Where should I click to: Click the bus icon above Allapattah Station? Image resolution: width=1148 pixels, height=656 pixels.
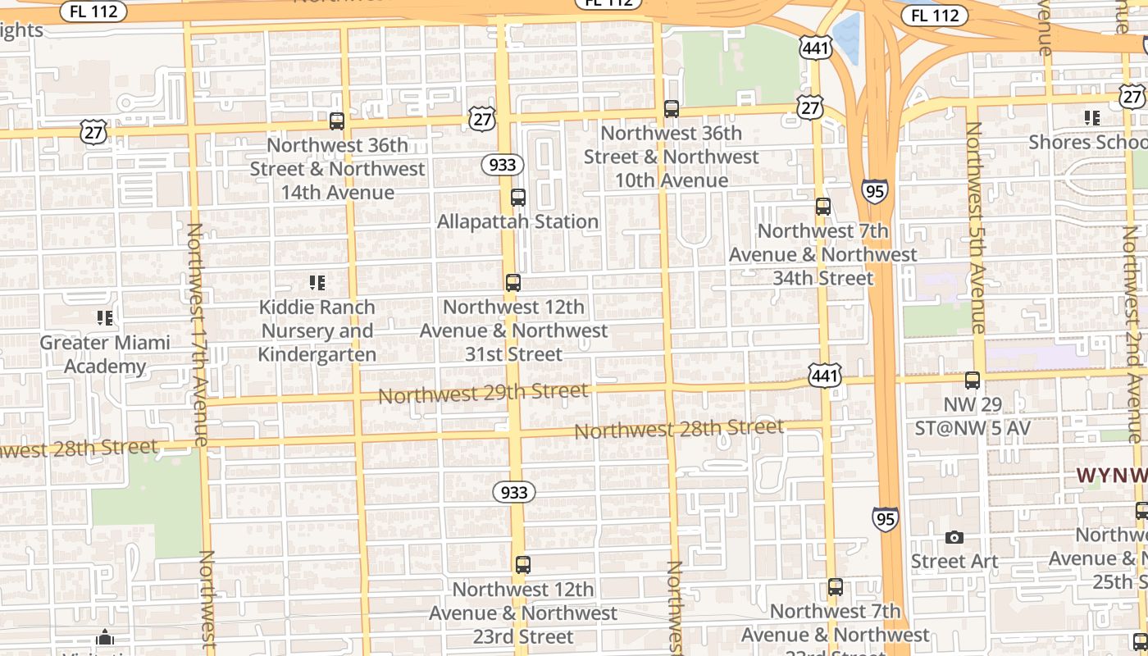tap(517, 197)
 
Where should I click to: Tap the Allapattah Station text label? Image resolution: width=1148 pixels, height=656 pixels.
tap(517, 221)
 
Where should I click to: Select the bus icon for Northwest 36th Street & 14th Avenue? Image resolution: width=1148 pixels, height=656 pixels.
tap(336, 121)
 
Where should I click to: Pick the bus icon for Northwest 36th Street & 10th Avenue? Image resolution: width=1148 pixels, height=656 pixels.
tap(671, 109)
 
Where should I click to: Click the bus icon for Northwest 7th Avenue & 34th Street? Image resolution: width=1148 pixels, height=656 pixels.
tap(823, 207)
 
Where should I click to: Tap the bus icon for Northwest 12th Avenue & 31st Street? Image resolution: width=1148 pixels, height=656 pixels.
tap(513, 283)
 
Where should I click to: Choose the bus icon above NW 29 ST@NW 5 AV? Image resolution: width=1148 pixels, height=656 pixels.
tap(973, 380)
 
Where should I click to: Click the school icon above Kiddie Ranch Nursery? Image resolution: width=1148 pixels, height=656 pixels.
tap(317, 283)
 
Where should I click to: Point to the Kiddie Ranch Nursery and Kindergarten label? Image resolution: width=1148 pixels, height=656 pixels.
tap(317, 330)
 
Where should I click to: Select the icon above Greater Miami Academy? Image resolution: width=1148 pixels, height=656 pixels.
tap(104, 317)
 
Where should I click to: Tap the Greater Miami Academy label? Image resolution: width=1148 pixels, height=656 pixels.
tap(105, 354)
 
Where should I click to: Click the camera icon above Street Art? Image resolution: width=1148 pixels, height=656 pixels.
tap(954, 537)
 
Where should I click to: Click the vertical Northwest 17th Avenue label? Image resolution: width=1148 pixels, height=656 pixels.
tap(198, 335)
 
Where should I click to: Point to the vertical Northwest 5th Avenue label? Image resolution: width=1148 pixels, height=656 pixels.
tap(974, 228)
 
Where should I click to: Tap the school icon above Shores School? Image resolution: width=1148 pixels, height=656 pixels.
tap(1091, 118)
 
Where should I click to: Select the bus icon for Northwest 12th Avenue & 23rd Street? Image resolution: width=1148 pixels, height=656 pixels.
tap(523, 565)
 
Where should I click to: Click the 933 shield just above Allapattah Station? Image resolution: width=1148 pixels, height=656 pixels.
tap(502, 165)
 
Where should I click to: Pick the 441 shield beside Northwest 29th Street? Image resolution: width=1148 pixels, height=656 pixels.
tap(824, 376)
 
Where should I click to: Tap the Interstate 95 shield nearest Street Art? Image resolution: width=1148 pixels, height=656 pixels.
tap(885, 518)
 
